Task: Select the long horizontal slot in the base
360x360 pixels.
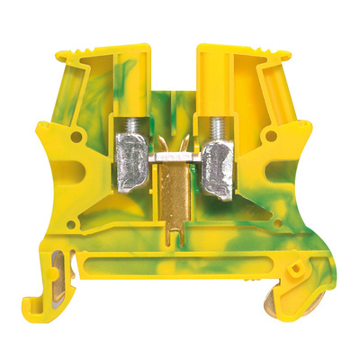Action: [180, 270]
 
